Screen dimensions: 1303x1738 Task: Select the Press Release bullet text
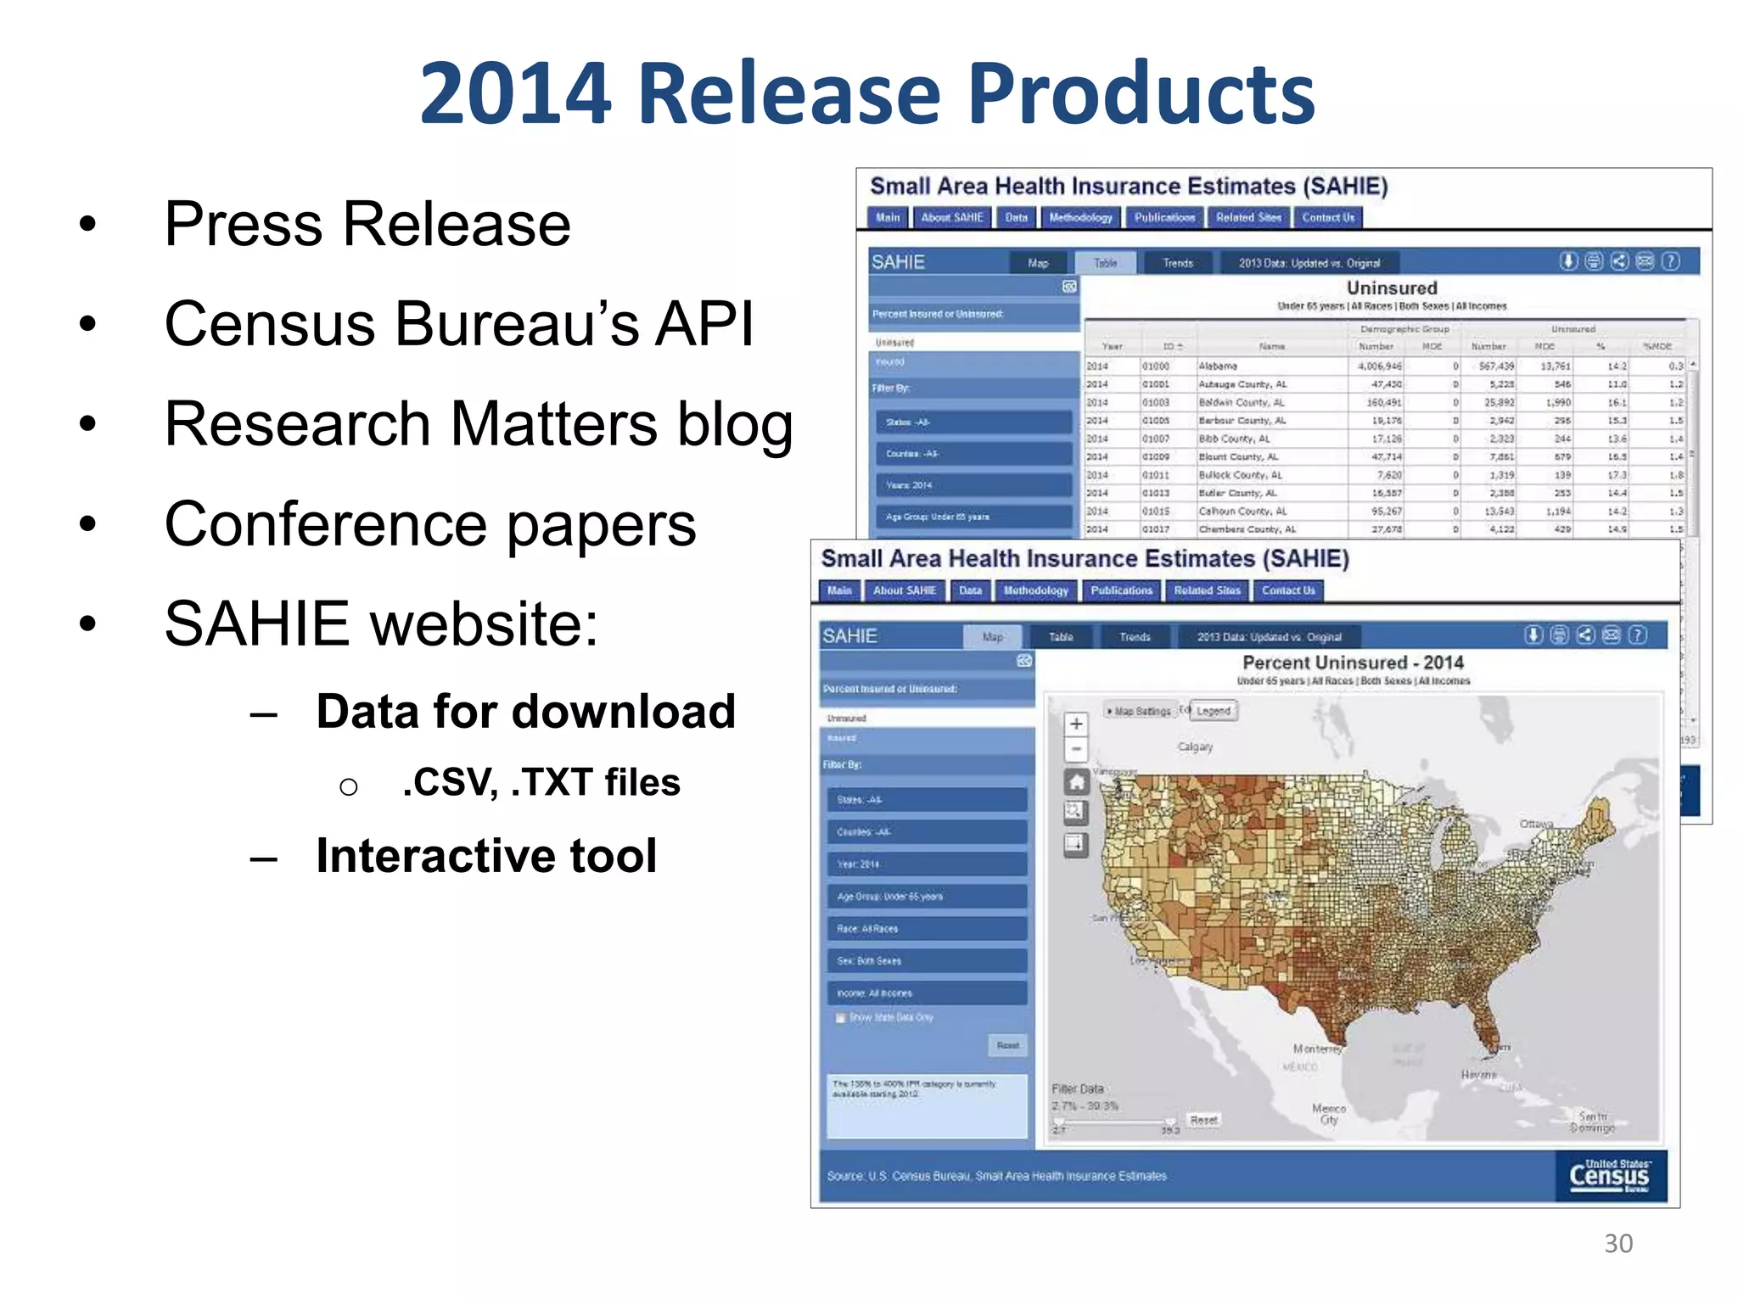(367, 224)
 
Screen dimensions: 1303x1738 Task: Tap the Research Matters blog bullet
(478, 424)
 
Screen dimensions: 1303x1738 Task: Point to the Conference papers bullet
(429, 524)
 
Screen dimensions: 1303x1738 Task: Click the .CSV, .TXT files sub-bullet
(541, 782)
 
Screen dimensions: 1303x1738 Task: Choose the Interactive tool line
(486, 855)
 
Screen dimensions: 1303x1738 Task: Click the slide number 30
(1617, 1243)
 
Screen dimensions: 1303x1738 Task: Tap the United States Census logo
(1609, 1175)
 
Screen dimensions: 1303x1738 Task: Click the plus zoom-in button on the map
(1076, 724)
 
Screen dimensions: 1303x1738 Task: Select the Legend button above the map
(1214, 711)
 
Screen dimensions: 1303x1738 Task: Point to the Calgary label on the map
(1195, 747)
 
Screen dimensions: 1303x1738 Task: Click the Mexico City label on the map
(1328, 1114)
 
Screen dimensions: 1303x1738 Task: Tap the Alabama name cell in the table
(1218, 366)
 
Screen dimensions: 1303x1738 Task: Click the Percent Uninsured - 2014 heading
(1353, 663)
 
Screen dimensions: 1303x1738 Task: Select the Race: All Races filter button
(927, 929)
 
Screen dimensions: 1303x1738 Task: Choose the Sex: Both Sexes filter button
(927, 961)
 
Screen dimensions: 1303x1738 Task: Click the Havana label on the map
(1479, 1075)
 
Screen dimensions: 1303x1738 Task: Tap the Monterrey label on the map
(1317, 1049)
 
